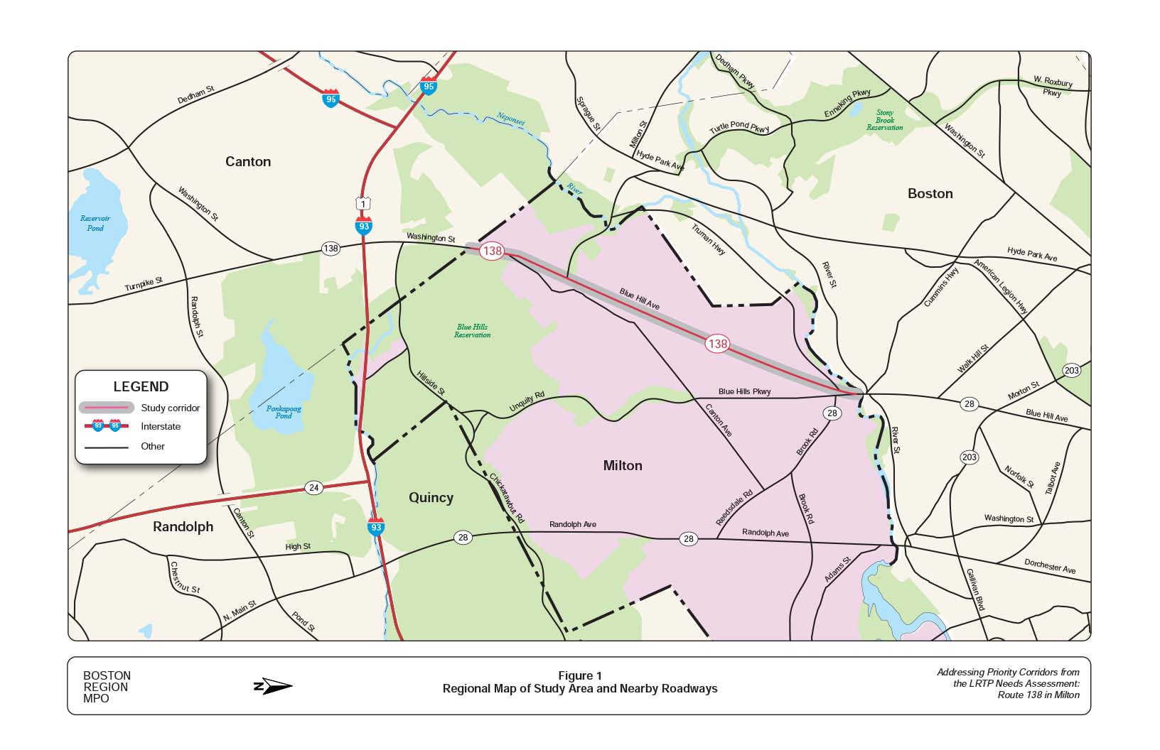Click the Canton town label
pyautogui.click(x=248, y=161)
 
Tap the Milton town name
pyautogui.click(x=622, y=465)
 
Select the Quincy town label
pyautogui.click(x=431, y=497)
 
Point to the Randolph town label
pyautogui.click(x=183, y=526)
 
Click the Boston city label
pyautogui.click(x=930, y=193)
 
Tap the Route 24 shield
pyautogui.click(x=313, y=487)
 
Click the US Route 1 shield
pyautogui.click(x=363, y=204)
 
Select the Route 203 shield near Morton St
pyautogui.click(x=1071, y=370)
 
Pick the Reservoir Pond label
pyautogui.click(x=95, y=223)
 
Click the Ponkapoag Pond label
pyautogui.click(x=284, y=412)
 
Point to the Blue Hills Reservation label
pyautogui.click(x=473, y=331)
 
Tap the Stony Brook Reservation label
pyautogui.click(x=884, y=120)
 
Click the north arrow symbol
pyautogui.click(x=273, y=686)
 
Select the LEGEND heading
pyautogui.click(x=141, y=386)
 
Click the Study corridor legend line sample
pyautogui.click(x=106, y=408)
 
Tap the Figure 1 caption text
pyautogui.click(x=579, y=675)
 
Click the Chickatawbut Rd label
pyautogui.click(x=507, y=499)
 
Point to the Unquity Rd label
pyautogui.click(x=527, y=402)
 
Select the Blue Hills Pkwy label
pyautogui.click(x=744, y=391)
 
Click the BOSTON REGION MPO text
pyautogui.click(x=107, y=687)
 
